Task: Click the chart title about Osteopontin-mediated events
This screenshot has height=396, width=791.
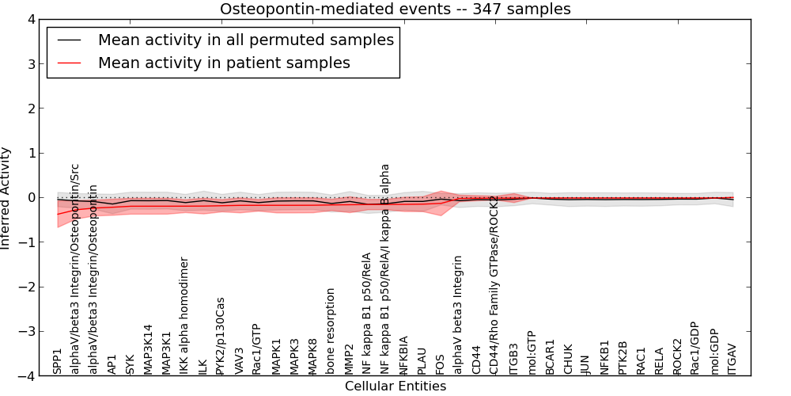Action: [x=395, y=10]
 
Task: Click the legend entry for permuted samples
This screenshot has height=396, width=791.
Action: [x=245, y=40]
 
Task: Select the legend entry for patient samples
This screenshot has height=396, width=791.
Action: [x=224, y=63]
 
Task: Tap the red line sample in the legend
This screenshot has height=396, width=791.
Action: [x=68, y=63]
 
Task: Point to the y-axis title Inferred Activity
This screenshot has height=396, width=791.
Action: [x=6, y=198]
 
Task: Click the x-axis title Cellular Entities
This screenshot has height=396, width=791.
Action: [x=395, y=386]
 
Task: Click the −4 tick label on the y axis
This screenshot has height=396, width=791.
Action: [x=27, y=376]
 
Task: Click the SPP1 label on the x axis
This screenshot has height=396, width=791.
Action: [x=58, y=360]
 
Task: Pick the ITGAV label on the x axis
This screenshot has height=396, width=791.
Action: [x=732, y=359]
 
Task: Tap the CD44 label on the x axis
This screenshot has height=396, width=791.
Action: [x=476, y=359]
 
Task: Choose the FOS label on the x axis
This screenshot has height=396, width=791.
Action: [x=440, y=364]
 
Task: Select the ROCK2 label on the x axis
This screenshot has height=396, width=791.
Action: [x=678, y=356]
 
